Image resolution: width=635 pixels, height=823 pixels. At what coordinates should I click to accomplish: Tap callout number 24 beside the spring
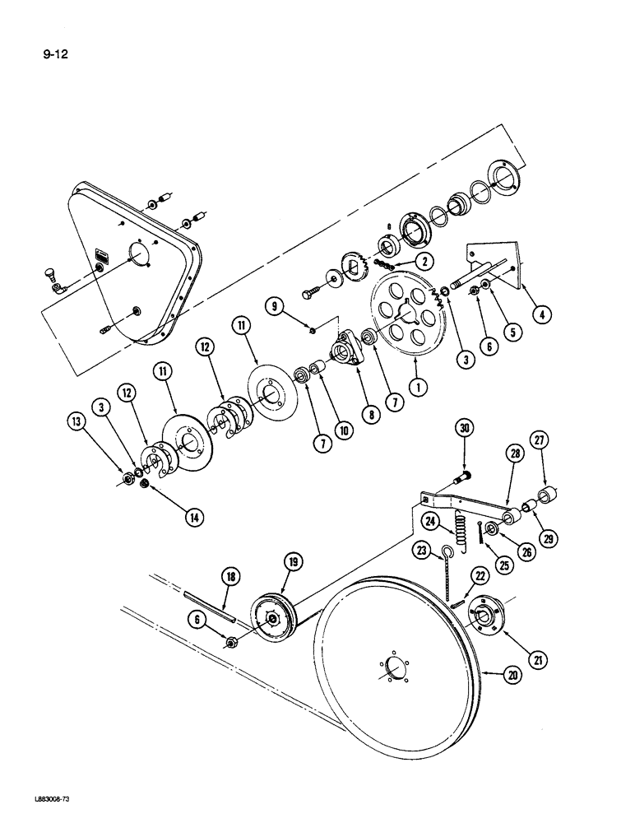pos(433,520)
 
